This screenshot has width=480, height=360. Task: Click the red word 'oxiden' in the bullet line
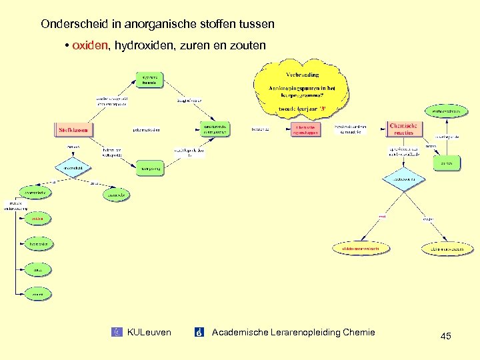[x=90, y=45]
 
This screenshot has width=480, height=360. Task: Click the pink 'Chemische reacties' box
[x=403, y=128]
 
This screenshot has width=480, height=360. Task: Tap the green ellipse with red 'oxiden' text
[x=37, y=219]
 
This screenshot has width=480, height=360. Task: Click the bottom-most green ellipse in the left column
[x=38, y=293]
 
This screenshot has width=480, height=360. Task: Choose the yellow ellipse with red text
[x=360, y=249]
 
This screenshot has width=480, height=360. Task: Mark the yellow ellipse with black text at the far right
[x=447, y=249]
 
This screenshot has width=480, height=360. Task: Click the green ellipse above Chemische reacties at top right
[x=446, y=111]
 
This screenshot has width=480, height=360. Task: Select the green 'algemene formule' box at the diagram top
[x=149, y=80]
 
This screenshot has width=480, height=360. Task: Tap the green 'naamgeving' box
[x=149, y=169]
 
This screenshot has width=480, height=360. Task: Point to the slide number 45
[x=445, y=336]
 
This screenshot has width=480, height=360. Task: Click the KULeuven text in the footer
[x=149, y=332]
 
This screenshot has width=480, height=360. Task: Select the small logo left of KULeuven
[x=119, y=332]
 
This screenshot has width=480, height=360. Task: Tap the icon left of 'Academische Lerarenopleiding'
[x=199, y=332]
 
